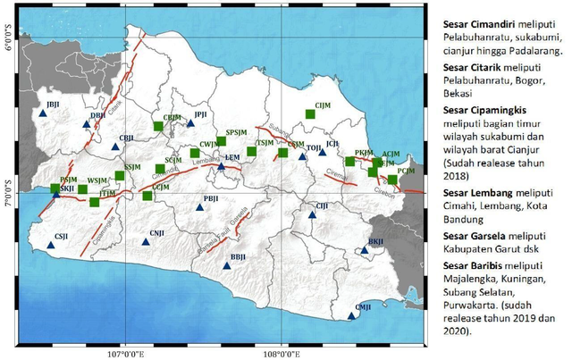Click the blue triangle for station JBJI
pos(41,114)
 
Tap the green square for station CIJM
pos(310,113)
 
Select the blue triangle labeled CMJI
pos(351,315)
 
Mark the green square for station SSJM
pos(120,176)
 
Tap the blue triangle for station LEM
pos(222,165)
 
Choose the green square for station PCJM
pos(392,180)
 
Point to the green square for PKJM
pos(350,162)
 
